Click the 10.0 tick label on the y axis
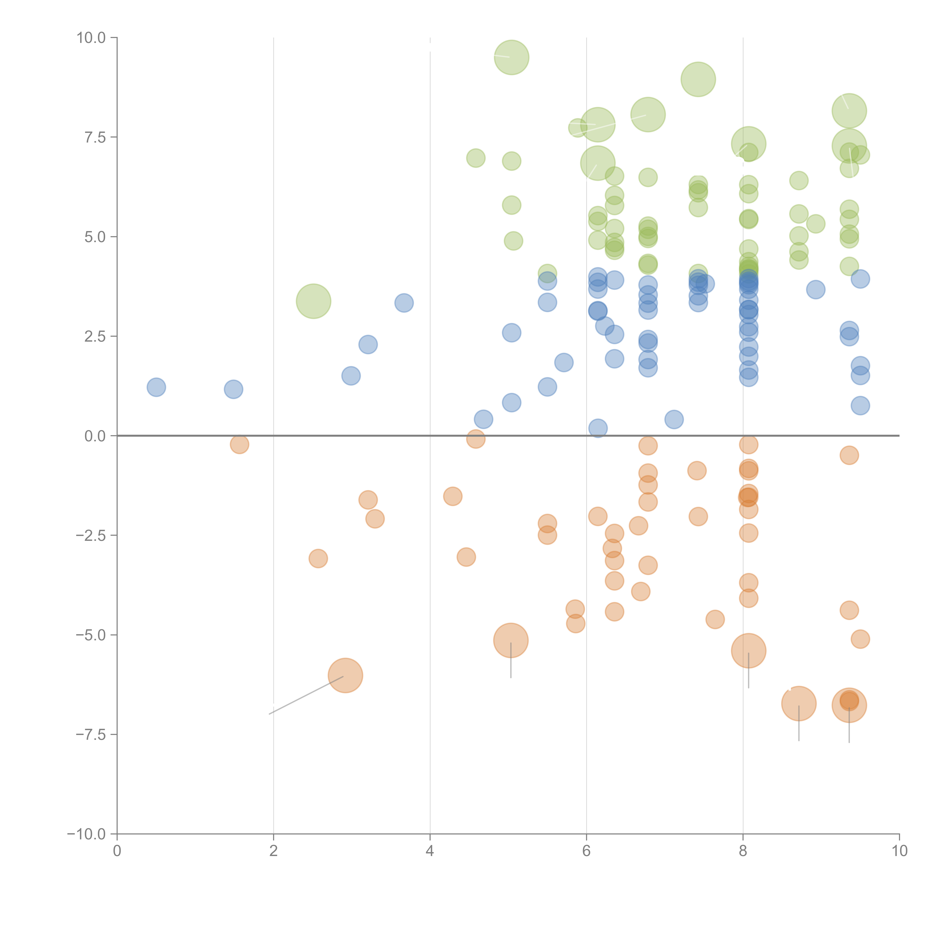tap(91, 38)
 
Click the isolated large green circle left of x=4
tap(313, 301)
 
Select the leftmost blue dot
tap(156, 387)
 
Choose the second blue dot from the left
tap(233, 389)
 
